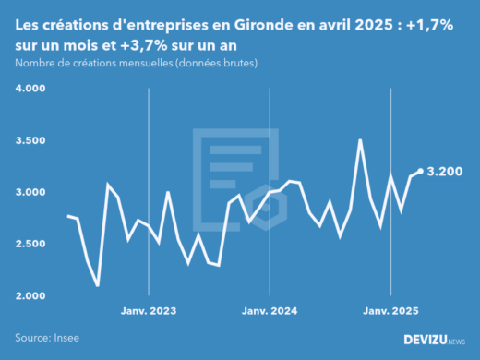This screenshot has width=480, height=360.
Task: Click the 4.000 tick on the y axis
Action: point(30,89)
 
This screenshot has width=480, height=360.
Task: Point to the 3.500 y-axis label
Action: point(30,140)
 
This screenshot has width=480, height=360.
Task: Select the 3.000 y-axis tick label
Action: point(30,192)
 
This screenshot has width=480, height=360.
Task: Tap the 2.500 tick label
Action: point(30,244)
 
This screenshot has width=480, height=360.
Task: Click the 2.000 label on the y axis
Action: point(30,295)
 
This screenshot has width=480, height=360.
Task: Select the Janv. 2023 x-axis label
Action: point(150,312)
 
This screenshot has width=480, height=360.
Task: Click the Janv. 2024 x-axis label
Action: point(269,312)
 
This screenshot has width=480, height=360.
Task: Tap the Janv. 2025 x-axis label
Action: point(390,312)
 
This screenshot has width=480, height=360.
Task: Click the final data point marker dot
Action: point(420,171)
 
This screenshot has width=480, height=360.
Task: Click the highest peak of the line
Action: point(360,140)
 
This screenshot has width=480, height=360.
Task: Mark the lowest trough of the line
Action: point(98,286)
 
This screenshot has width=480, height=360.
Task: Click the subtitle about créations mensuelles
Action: point(137,63)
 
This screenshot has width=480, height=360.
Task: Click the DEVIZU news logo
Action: point(435,340)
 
